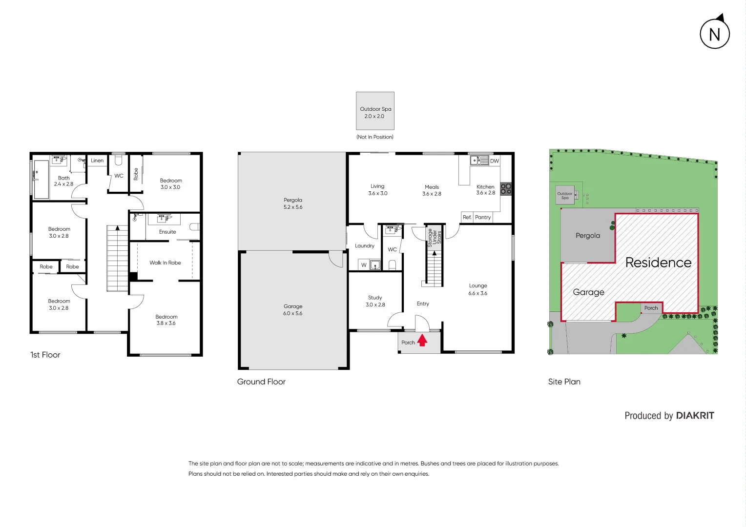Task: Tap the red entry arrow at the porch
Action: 422,340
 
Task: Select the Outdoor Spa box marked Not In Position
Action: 375,111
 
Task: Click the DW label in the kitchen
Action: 495,161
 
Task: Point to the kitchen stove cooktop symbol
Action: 506,189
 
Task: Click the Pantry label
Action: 483,217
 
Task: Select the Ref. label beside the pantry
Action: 467,217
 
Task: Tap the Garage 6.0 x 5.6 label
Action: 293,310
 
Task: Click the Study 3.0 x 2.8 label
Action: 375,301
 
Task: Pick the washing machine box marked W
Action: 364,265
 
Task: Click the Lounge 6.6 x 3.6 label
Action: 478,289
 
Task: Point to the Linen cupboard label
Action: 97,161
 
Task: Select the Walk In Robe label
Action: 165,263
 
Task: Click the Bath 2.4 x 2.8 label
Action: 63,181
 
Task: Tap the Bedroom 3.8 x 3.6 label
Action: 166,320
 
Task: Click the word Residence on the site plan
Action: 658,263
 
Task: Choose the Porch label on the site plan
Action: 651,308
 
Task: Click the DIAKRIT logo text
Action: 695,416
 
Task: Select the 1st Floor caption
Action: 45,355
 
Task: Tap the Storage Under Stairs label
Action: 434,237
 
